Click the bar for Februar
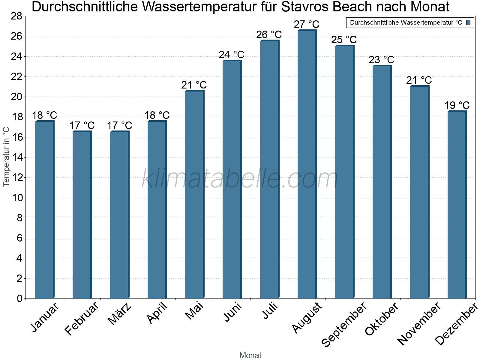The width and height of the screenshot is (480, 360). (x=82, y=215)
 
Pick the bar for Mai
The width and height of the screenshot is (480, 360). (x=194, y=195)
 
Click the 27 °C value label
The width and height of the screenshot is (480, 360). (x=306, y=24)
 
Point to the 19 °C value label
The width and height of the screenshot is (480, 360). (x=457, y=106)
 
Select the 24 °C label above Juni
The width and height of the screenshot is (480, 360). (x=231, y=55)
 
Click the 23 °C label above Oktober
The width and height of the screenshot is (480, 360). (x=381, y=60)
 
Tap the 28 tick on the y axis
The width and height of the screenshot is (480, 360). (x=16, y=16)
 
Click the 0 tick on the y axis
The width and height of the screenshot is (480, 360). (x=20, y=298)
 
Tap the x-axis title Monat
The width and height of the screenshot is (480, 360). (x=250, y=355)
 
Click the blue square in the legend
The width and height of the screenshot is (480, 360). (x=468, y=22)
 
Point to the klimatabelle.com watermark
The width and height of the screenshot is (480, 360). (x=240, y=179)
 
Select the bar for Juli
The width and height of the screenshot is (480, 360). (x=269, y=169)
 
